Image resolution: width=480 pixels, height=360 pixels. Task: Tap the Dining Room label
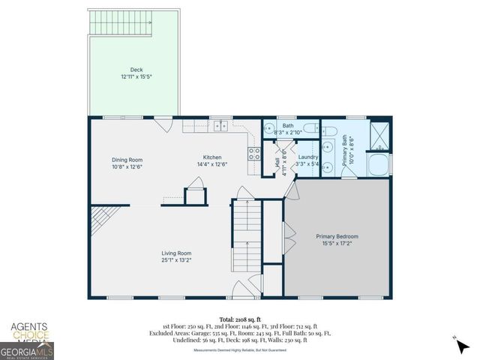pyautogui.click(x=127, y=159)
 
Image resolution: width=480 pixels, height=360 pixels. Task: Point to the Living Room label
pyautogui.click(x=176, y=253)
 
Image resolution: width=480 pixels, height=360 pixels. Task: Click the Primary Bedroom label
pyautogui.click(x=337, y=238)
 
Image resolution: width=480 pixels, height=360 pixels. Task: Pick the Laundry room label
pyautogui.click(x=307, y=157)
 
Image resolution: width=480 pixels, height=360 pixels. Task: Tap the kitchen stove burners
pyautogui.click(x=254, y=154)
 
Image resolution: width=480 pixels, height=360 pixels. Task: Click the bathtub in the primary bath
pyautogui.click(x=379, y=164)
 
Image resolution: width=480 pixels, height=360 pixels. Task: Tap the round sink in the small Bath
pyautogui.click(x=269, y=127)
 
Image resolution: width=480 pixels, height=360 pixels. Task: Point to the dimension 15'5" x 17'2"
pyautogui.click(x=337, y=244)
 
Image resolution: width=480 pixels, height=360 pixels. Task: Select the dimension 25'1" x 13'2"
pyautogui.click(x=176, y=259)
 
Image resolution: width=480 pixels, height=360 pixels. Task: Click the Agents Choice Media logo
pyautogui.click(x=28, y=331)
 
